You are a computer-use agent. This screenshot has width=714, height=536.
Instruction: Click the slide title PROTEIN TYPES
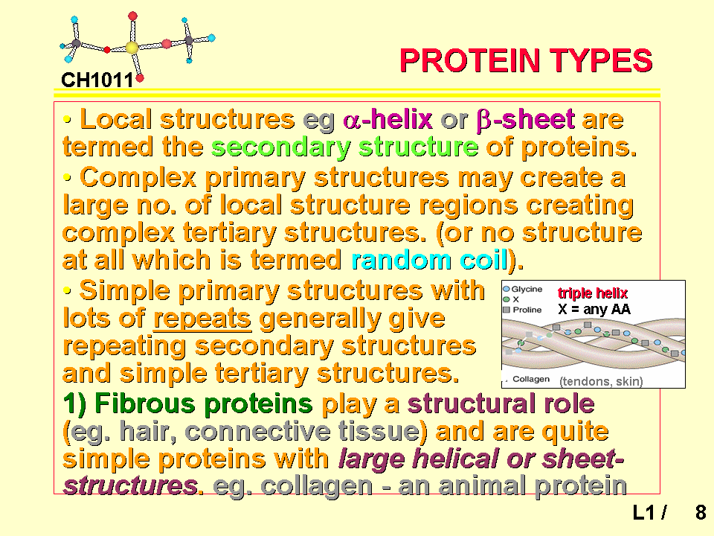pyautogui.click(x=526, y=60)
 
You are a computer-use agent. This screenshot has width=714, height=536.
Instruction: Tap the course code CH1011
pyautogui.click(x=97, y=80)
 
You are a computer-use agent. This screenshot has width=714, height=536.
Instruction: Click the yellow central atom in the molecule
pyautogui.click(x=132, y=48)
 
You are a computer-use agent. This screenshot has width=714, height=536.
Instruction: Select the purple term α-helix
pyautogui.click(x=387, y=119)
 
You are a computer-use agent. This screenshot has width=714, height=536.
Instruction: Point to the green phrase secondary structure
pyautogui.click(x=345, y=147)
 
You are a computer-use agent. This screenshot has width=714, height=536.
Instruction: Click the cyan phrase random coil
pyautogui.click(x=429, y=261)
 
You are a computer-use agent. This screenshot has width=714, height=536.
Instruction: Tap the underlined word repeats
pyautogui.click(x=202, y=319)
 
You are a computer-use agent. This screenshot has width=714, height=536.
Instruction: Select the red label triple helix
pyautogui.click(x=593, y=293)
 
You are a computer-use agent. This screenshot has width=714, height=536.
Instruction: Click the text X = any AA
pyautogui.click(x=594, y=310)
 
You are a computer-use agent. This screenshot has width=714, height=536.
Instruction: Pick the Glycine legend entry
pyautogui.click(x=523, y=289)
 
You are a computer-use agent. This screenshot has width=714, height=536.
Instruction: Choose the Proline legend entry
pyautogui.click(x=522, y=310)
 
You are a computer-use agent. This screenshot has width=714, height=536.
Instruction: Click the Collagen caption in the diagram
pyautogui.click(x=531, y=379)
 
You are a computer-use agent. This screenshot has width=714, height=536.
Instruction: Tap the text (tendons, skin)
pyautogui.click(x=601, y=381)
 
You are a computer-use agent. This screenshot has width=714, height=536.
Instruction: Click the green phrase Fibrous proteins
pyautogui.click(x=187, y=403)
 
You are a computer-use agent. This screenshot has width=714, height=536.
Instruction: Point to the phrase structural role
pyautogui.click(x=501, y=403)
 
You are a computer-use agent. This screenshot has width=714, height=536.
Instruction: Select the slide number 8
pyautogui.click(x=701, y=512)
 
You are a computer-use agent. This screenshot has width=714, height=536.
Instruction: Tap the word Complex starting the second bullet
pyautogui.click(x=138, y=178)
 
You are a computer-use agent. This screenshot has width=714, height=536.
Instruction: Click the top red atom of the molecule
pyautogui.click(x=132, y=16)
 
